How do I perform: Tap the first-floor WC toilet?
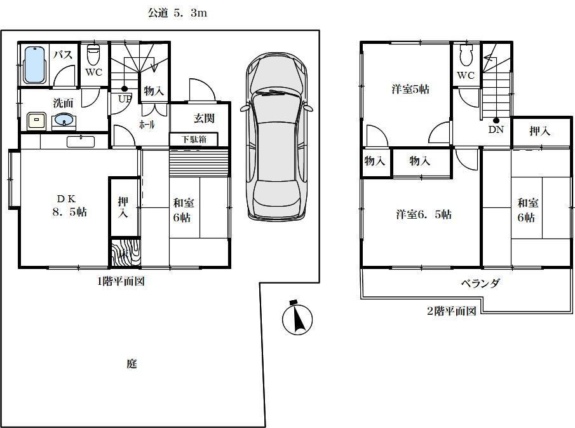click(93, 52)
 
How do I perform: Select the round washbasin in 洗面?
click(64, 120)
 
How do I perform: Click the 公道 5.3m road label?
click(177, 13)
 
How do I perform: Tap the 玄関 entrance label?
click(203, 118)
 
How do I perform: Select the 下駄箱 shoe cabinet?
click(193, 139)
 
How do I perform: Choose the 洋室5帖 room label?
click(409, 90)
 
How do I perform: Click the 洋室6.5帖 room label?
click(424, 215)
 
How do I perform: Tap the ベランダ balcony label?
click(480, 284)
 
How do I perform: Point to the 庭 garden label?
click(132, 364)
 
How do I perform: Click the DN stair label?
click(496, 129)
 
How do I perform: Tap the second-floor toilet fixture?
click(466, 57)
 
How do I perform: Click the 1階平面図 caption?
click(121, 282)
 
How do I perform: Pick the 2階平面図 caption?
click(451, 311)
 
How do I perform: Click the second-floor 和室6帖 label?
click(527, 211)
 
